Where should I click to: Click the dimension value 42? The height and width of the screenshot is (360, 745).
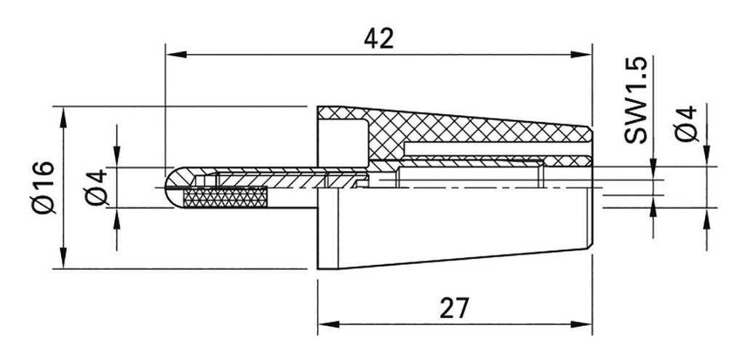coord(378,39)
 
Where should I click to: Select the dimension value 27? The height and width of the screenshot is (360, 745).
coord(454,308)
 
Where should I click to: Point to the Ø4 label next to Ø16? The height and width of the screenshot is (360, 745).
coord(97,187)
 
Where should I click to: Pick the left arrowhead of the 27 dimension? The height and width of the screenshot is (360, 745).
coord(325,324)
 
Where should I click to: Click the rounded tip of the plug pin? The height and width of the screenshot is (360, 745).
coord(172,187)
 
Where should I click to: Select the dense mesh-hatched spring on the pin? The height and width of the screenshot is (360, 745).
coord(226,196)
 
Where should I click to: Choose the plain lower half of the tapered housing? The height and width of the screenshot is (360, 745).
coord(458,225)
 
